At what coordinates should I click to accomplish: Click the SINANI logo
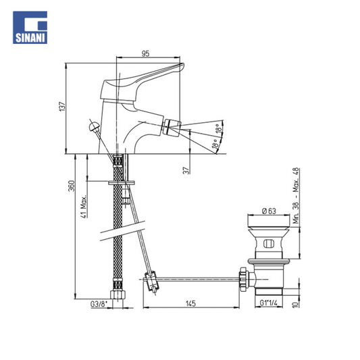pyautogui.click(x=30, y=27)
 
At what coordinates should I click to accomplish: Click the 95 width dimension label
pyautogui.click(x=145, y=53)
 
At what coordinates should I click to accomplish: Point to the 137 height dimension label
pyautogui.click(x=62, y=107)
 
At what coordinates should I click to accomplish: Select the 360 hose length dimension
pyautogui.click(x=72, y=186)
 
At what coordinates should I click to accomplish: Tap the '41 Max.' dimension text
pyautogui.click(x=84, y=207)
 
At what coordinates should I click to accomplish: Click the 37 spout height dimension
pyautogui.click(x=186, y=170)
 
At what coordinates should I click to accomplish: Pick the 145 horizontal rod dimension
pyautogui.click(x=190, y=303)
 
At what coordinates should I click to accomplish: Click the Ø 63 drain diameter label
pyautogui.click(x=269, y=211)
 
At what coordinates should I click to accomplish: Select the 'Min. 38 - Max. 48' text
pyautogui.click(x=297, y=196)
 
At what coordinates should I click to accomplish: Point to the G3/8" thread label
pyautogui.click(x=99, y=304)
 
